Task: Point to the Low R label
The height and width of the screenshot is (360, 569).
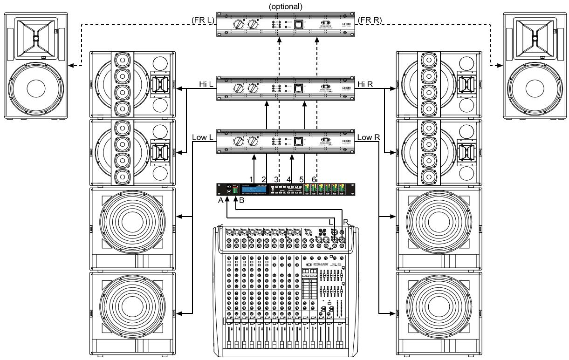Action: [x=368, y=137]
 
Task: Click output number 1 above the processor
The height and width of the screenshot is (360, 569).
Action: [x=252, y=179]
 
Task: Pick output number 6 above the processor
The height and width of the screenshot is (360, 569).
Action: [x=314, y=179]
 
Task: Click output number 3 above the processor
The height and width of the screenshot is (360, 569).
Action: [x=276, y=179]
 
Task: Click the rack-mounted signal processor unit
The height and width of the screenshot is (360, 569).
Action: [x=284, y=190]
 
